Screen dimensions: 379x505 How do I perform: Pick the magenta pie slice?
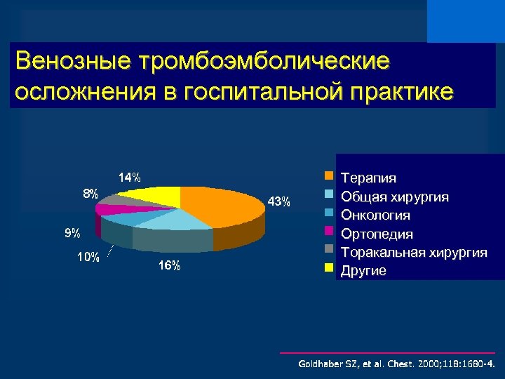coord(112,208)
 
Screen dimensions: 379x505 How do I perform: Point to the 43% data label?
coord(278,202)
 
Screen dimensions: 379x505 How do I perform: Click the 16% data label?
coord(169,265)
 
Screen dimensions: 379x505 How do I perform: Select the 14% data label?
coord(128,177)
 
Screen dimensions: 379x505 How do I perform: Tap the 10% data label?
coord(88,258)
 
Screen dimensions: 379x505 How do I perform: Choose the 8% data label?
coord(90,194)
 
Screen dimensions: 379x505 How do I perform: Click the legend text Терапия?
coord(368,178)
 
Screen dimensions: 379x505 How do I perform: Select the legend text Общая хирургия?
coord(394,197)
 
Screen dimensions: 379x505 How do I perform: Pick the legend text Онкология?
coord(375,215)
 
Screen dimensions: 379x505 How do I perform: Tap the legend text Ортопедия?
coord(377,234)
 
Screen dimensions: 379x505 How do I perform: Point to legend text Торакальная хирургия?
coord(413,252)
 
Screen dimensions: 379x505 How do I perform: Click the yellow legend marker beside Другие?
coord(328,267)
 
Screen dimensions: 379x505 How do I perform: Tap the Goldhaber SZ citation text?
coord(396,364)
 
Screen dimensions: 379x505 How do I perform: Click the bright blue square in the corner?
coord(466,21)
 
